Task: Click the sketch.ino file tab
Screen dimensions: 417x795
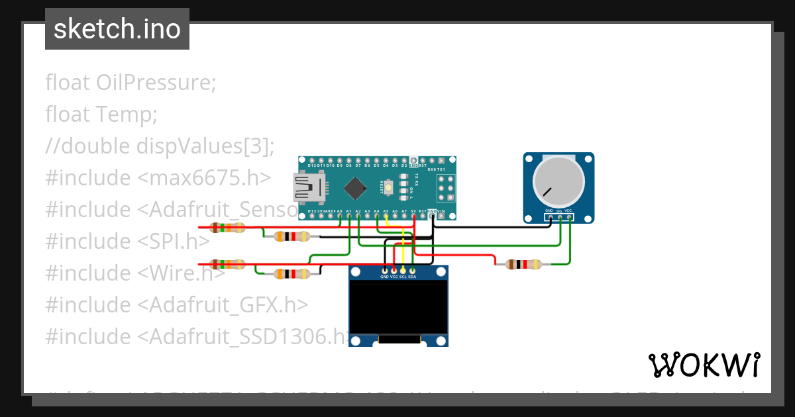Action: coord(117,29)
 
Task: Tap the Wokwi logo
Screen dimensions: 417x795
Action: coord(704,365)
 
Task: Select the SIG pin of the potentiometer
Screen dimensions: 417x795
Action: coord(560,216)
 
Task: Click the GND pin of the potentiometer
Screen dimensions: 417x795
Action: coord(550,216)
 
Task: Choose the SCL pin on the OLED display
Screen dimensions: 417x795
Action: coord(403,271)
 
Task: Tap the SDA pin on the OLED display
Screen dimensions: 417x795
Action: coord(412,271)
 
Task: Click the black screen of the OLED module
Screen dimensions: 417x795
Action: coord(398,307)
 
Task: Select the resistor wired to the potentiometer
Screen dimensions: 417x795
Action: coord(524,265)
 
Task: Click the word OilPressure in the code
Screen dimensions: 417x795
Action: coord(156,83)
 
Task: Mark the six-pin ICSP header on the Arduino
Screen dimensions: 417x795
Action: coord(445,188)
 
